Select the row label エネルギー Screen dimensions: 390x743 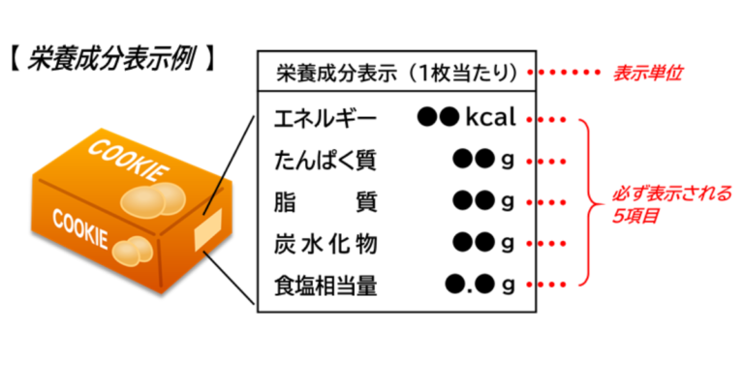coord(325,120)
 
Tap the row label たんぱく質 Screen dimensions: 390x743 coord(325,161)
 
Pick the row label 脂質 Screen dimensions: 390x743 coord(325,201)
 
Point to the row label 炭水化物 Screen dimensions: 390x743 coord(325,242)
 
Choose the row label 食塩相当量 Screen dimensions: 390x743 coord(325,284)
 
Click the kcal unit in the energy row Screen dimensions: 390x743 coord(495,119)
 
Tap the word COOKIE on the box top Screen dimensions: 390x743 coord(127,161)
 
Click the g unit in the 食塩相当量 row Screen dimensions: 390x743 coord(506,285)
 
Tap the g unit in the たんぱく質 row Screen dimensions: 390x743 coord(506,161)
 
